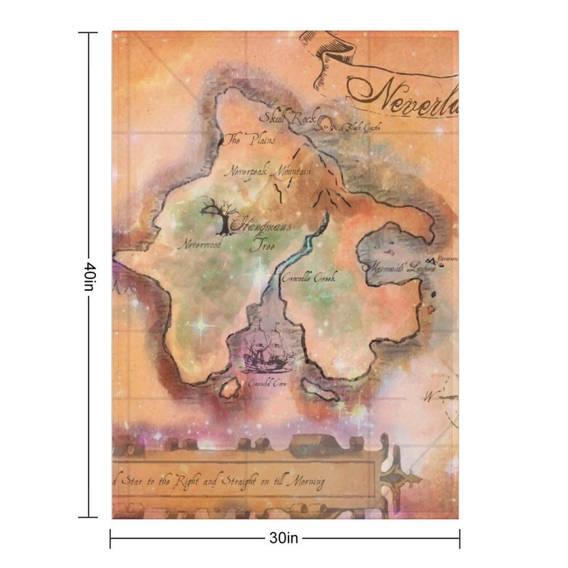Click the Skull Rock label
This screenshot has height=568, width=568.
[x=291, y=118]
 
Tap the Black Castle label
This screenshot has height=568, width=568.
[x=361, y=128]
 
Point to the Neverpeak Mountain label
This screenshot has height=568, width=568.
[x=267, y=171]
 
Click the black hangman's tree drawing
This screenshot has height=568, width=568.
[x=219, y=215]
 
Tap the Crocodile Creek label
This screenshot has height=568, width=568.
[x=308, y=278]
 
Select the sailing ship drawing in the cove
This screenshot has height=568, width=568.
[x=266, y=349]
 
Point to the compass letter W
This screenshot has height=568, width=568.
[x=428, y=396]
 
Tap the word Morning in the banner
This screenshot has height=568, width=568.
[x=306, y=482]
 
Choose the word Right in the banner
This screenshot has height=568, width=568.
[x=186, y=481]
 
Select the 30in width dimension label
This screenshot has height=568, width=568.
[x=283, y=537]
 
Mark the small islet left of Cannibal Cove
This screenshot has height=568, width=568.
[x=229, y=388]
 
